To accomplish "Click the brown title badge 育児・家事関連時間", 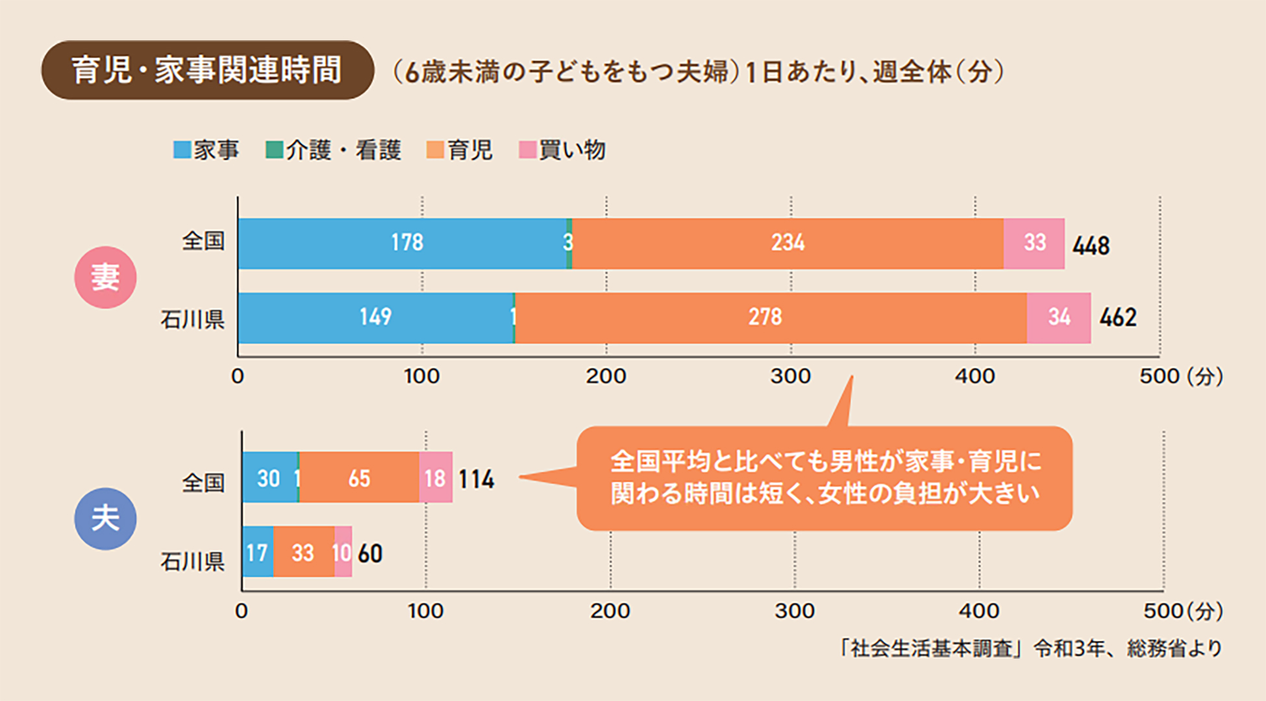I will [x=207, y=70].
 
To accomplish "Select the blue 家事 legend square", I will [x=182, y=150].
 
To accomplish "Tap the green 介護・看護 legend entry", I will [x=334, y=150].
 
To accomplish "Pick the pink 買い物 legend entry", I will [x=562, y=150].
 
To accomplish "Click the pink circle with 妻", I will [x=105, y=277].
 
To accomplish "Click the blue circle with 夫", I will [x=105, y=518].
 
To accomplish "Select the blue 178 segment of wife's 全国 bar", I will [x=403, y=243].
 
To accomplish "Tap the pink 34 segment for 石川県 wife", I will [x=1059, y=318].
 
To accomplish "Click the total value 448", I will [x=1091, y=246].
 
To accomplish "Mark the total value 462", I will [x=1118, y=318].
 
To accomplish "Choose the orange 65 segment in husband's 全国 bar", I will [x=359, y=478].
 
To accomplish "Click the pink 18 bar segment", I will [x=436, y=478].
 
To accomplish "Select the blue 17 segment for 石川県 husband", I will [x=257, y=553].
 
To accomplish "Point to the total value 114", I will [x=477, y=479].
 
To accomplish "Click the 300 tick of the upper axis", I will [x=791, y=376].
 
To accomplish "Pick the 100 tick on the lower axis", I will [x=426, y=611].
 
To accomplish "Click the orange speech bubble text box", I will [x=825, y=478].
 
